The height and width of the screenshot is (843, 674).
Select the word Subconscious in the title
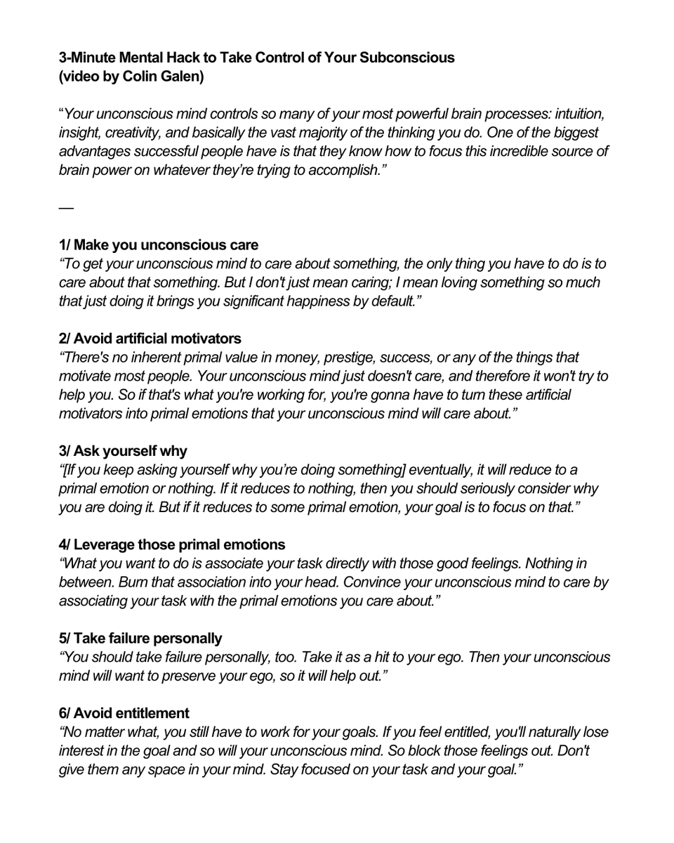click(x=407, y=58)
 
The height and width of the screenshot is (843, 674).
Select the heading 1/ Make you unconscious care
click(x=159, y=245)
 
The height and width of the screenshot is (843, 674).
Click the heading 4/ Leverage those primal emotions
click(x=172, y=543)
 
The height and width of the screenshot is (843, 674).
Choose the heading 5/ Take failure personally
click(x=140, y=638)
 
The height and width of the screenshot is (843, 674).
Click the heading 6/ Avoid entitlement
click(x=124, y=713)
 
